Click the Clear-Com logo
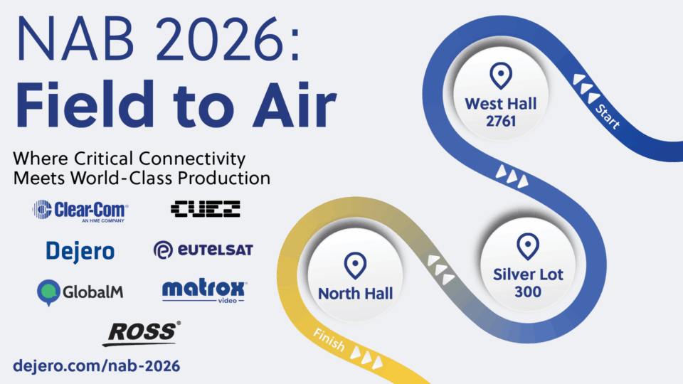(80, 210)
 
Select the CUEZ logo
(206, 208)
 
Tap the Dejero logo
(80, 250)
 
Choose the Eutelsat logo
(203, 250)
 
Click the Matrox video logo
(204, 291)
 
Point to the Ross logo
(142, 333)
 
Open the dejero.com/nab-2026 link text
(97, 366)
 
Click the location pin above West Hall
(501, 75)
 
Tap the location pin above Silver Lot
(527, 246)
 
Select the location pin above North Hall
(355, 266)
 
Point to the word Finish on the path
(328, 342)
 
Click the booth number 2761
(501, 121)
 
